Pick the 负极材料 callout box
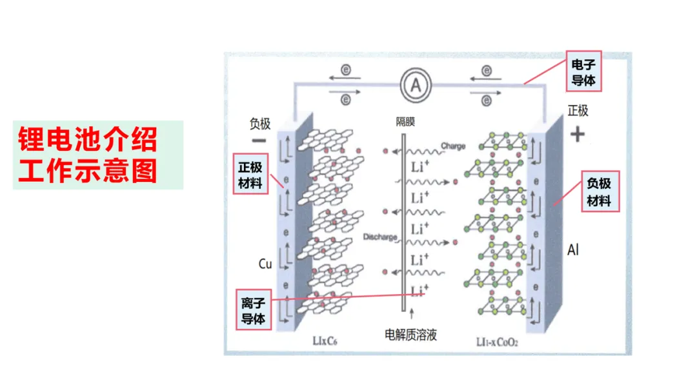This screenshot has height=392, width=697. [599, 191]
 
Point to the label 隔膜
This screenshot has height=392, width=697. [405, 121]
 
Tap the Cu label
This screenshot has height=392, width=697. [265, 263]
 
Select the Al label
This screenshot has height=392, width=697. [573, 249]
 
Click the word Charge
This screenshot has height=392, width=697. [453, 146]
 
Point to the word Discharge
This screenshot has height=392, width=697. [380, 237]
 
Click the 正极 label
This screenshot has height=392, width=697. [578, 111]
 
